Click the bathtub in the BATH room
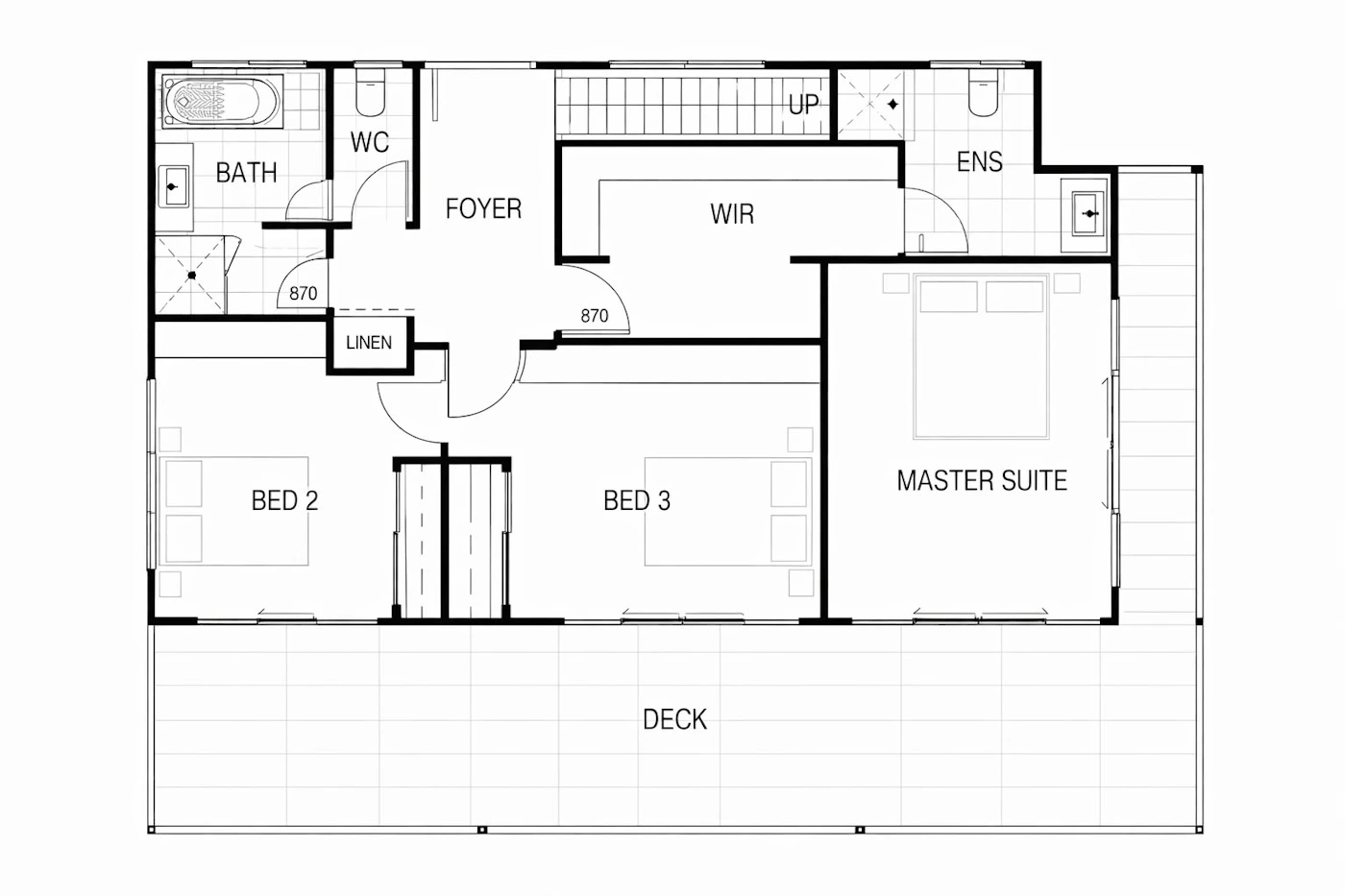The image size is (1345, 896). tap(222, 102)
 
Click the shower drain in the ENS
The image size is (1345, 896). tap(893, 105)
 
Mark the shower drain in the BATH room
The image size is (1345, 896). tap(191, 276)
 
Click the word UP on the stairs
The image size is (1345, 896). tap(803, 105)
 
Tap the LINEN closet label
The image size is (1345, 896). tap(369, 343)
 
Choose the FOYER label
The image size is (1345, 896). tap(483, 208)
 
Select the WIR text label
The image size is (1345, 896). tap(732, 214)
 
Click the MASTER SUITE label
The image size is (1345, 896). tap(982, 481)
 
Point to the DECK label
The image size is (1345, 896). tap(674, 719)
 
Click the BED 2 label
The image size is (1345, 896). tap(284, 500)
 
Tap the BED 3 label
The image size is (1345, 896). tap(636, 500)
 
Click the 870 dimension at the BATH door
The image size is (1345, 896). tap(304, 294)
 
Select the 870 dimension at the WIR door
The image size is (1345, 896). tap(595, 316)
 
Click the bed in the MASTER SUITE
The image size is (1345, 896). tap(981, 356)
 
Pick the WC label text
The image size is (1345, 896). tap(370, 142)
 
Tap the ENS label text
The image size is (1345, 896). tap(979, 162)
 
